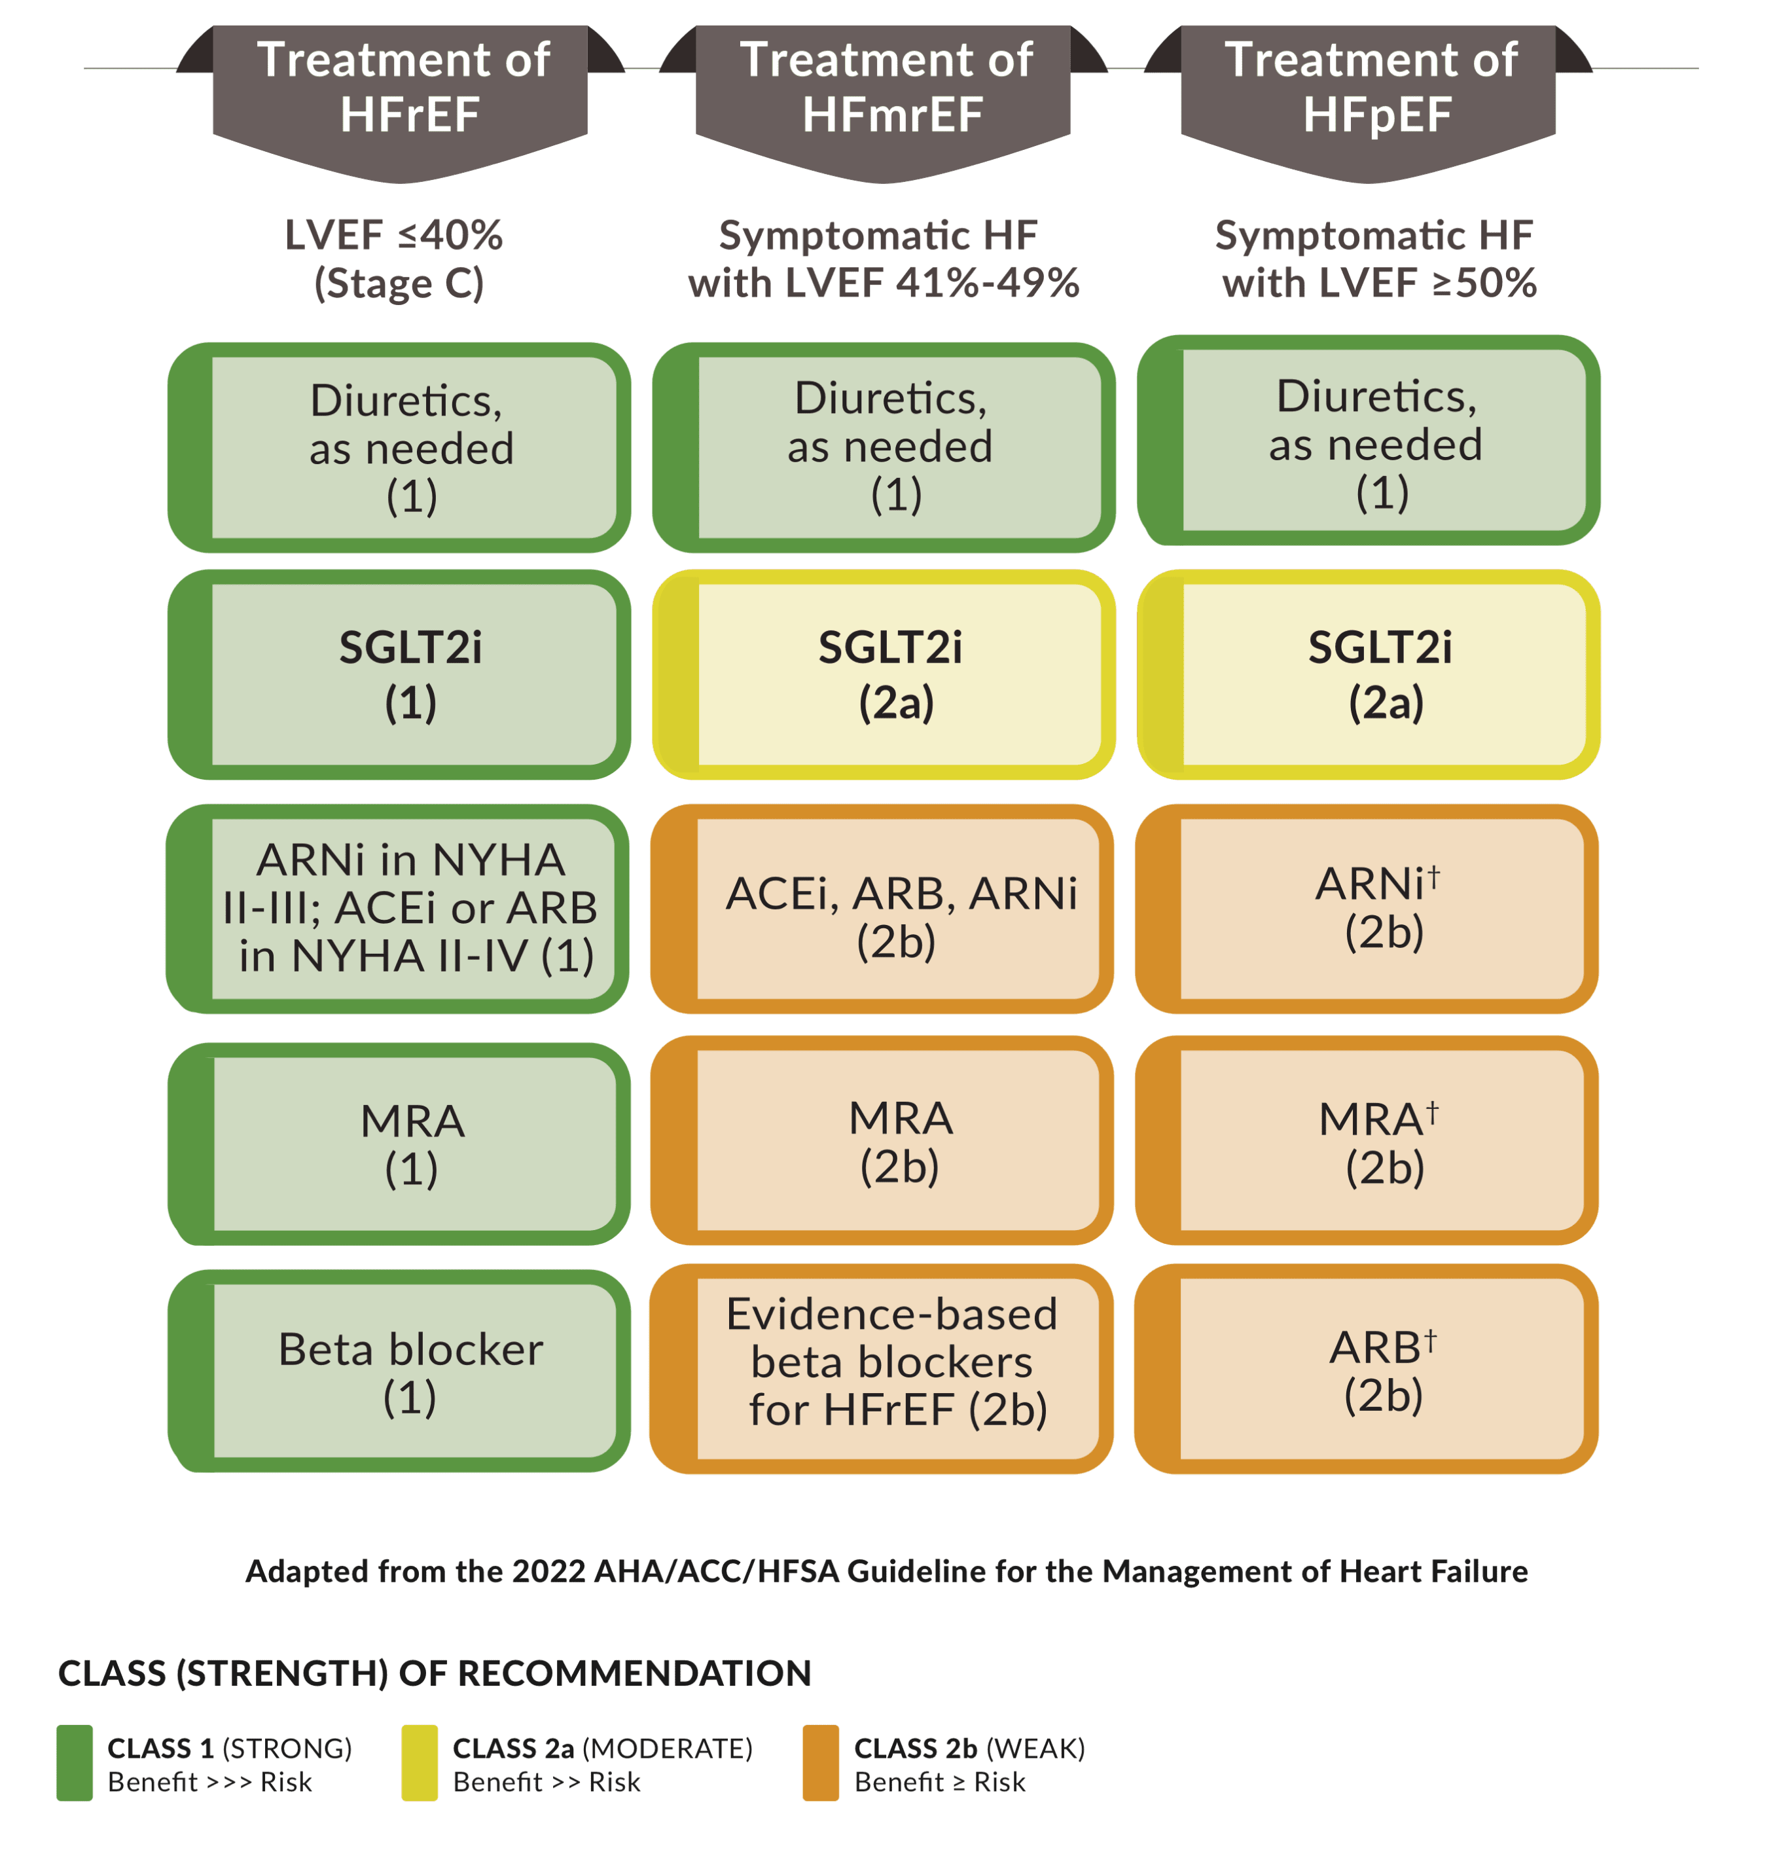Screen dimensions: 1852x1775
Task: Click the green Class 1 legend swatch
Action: coord(75,1763)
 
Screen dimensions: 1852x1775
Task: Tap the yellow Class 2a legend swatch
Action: coord(420,1763)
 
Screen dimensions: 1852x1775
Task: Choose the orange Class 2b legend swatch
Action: coord(821,1763)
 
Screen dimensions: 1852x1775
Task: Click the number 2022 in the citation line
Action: coord(549,1571)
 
